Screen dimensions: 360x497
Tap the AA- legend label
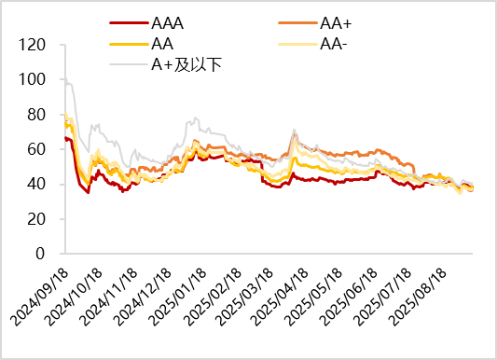point(334,44)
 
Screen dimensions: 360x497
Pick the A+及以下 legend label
point(186,63)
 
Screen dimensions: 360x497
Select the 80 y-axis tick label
point(36,115)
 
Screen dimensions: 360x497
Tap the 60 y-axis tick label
point(36,149)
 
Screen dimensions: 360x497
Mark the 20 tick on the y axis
point(36,219)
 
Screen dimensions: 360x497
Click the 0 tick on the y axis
point(41,254)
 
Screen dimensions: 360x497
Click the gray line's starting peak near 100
point(65,80)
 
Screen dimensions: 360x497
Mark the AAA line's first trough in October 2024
point(89,192)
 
